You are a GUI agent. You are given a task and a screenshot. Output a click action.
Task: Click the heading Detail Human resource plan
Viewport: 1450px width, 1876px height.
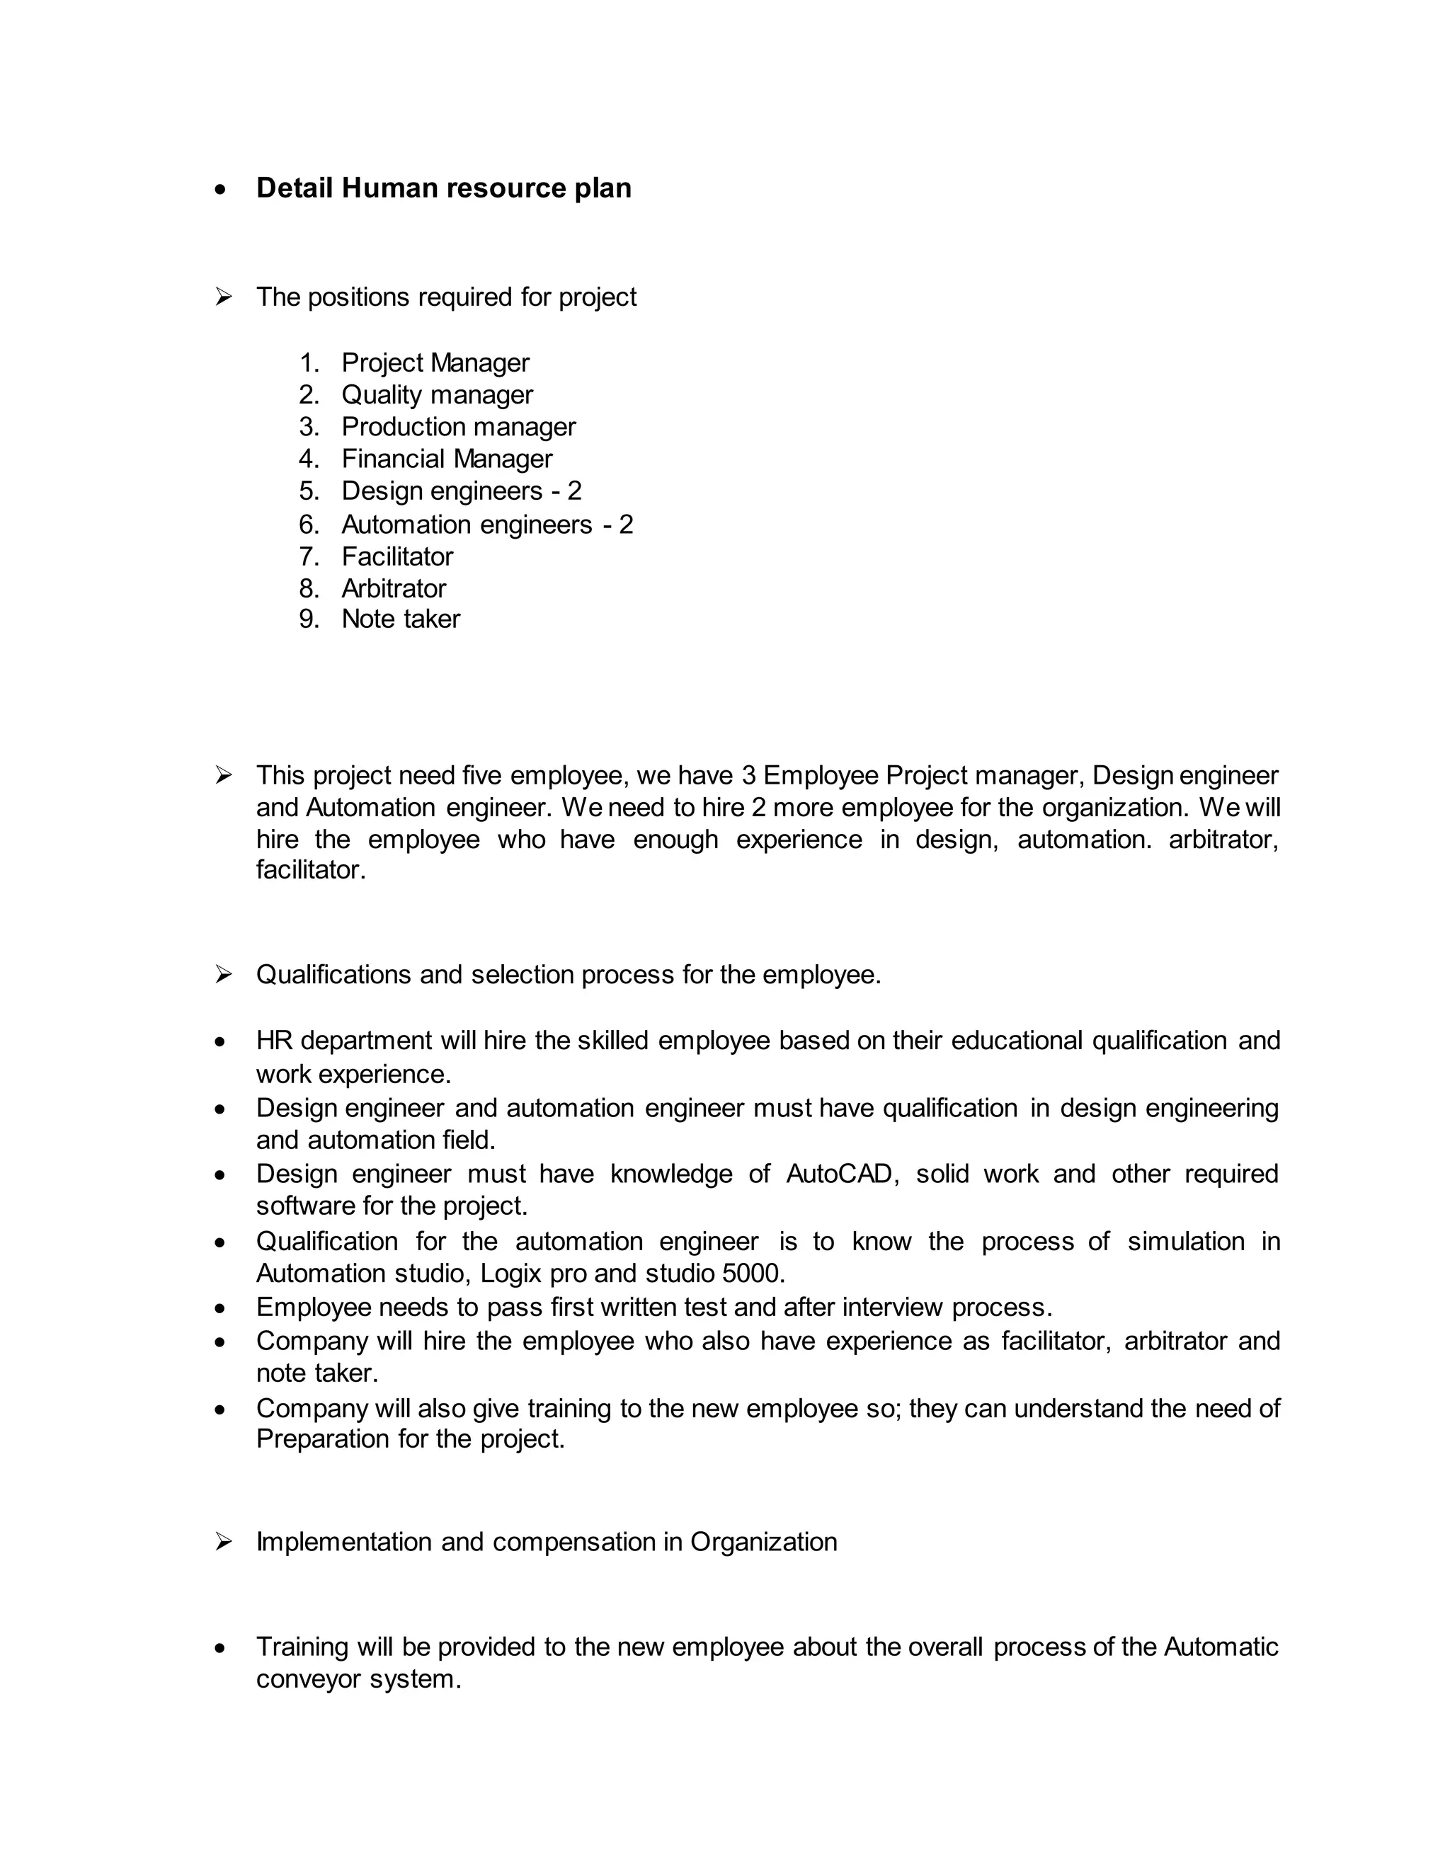click(443, 188)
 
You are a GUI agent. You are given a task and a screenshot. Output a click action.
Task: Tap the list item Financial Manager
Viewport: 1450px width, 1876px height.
click(447, 459)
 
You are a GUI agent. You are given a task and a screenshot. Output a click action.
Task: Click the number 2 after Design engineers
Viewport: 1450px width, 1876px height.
click(573, 491)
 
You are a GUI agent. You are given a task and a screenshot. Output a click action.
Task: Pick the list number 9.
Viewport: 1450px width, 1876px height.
click(309, 619)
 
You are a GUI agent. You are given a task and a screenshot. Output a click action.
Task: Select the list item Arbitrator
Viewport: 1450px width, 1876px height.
click(394, 588)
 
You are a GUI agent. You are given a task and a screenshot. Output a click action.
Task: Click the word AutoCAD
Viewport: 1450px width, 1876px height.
click(839, 1174)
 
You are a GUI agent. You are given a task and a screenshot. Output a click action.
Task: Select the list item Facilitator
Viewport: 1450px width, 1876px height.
click(397, 556)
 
